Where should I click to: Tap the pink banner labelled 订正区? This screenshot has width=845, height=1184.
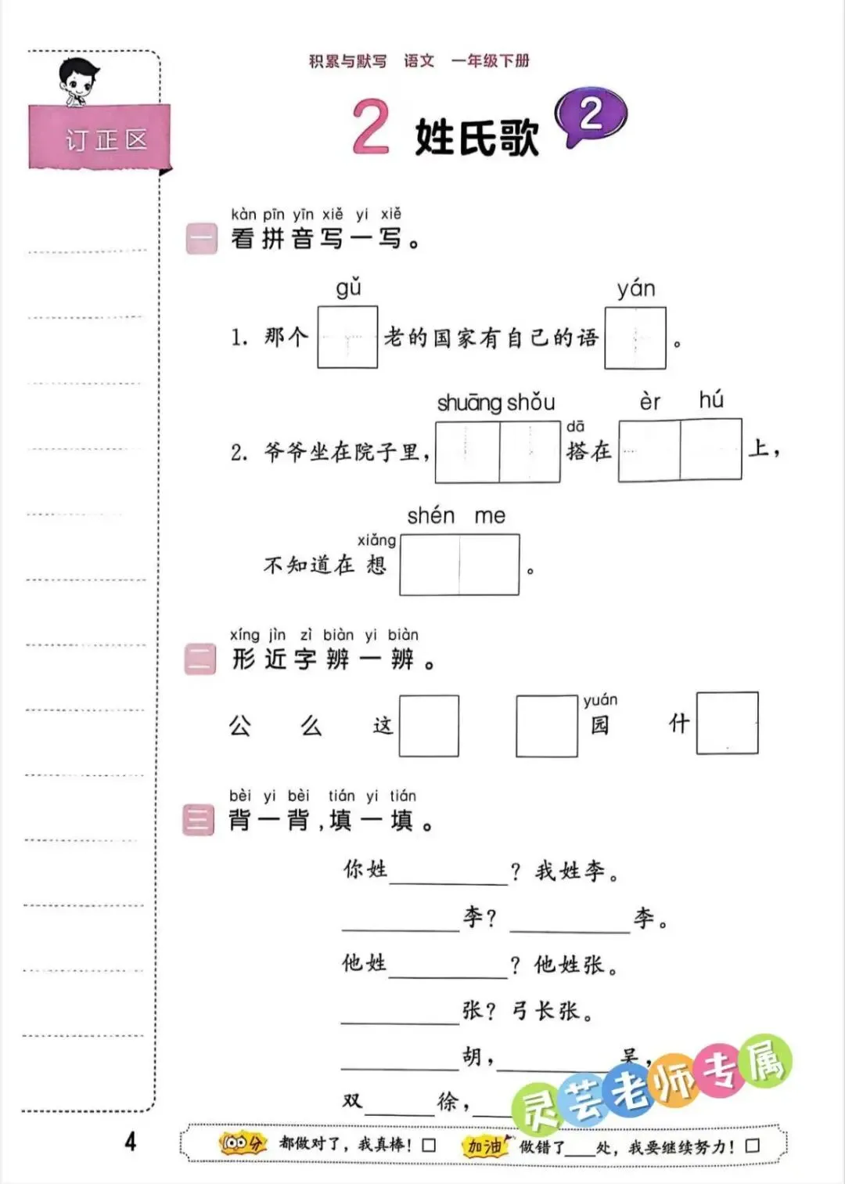pos(99,139)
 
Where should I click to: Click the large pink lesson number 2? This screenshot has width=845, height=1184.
pos(370,127)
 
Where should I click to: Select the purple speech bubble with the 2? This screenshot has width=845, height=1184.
pos(591,117)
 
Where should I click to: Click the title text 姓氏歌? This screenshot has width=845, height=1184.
pos(476,137)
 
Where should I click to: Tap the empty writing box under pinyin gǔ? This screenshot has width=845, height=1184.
pos(347,338)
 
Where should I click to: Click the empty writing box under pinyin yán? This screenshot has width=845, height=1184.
pos(635,338)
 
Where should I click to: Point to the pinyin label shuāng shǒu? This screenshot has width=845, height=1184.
pos(495,402)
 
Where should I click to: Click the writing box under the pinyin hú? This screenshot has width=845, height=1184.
pos(710,450)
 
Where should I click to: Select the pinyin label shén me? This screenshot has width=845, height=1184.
pos(456,515)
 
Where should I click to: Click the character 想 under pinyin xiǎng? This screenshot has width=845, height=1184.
pos(376,564)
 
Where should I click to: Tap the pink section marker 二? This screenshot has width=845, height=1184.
pos(200,659)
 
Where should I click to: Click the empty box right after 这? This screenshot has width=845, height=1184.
pos(429,726)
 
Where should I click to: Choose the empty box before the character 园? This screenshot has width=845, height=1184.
pos(546,726)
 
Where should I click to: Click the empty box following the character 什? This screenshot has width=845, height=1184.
pos(727,723)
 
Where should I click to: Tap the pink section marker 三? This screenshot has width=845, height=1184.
pos(198,820)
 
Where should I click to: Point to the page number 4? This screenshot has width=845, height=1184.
pos(130,1141)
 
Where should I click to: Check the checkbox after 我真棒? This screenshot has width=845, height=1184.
pos(429,1145)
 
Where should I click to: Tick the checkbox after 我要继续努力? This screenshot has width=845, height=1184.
pos(752,1146)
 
